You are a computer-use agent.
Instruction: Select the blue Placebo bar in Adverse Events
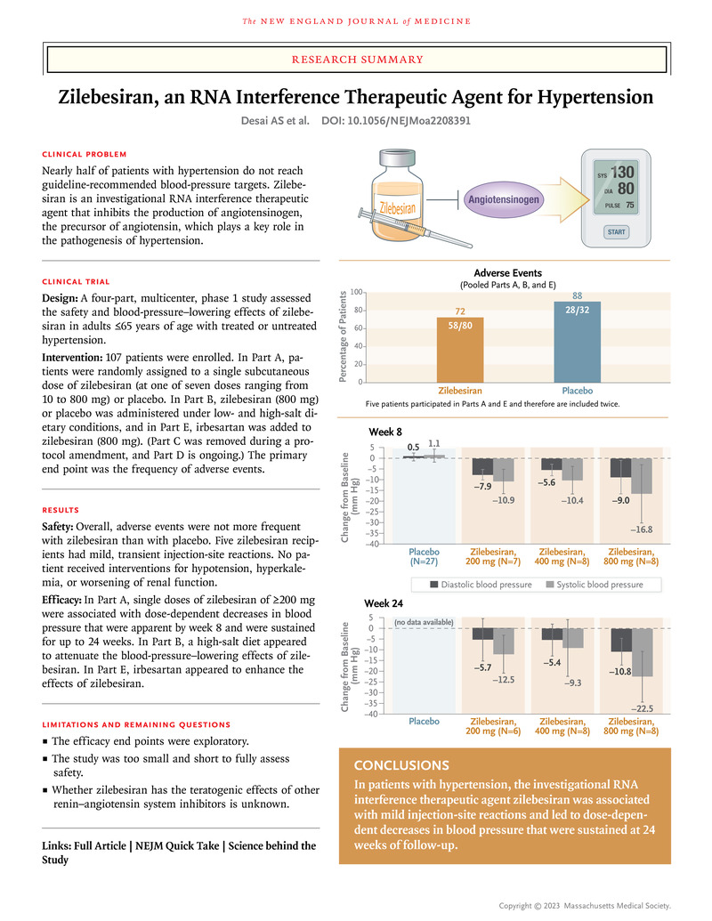click(x=577, y=342)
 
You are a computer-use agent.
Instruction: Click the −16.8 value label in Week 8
click(x=643, y=529)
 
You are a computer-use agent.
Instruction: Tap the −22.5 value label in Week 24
click(x=643, y=709)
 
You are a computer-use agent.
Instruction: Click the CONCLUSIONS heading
click(x=400, y=765)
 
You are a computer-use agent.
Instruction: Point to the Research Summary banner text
click(x=356, y=60)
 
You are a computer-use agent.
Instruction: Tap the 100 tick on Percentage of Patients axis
click(x=356, y=292)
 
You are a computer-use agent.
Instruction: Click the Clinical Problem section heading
click(x=85, y=154)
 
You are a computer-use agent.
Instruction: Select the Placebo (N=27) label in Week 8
click(x=424, y=556)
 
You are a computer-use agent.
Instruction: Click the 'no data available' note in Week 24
click(x=424, y=622)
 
